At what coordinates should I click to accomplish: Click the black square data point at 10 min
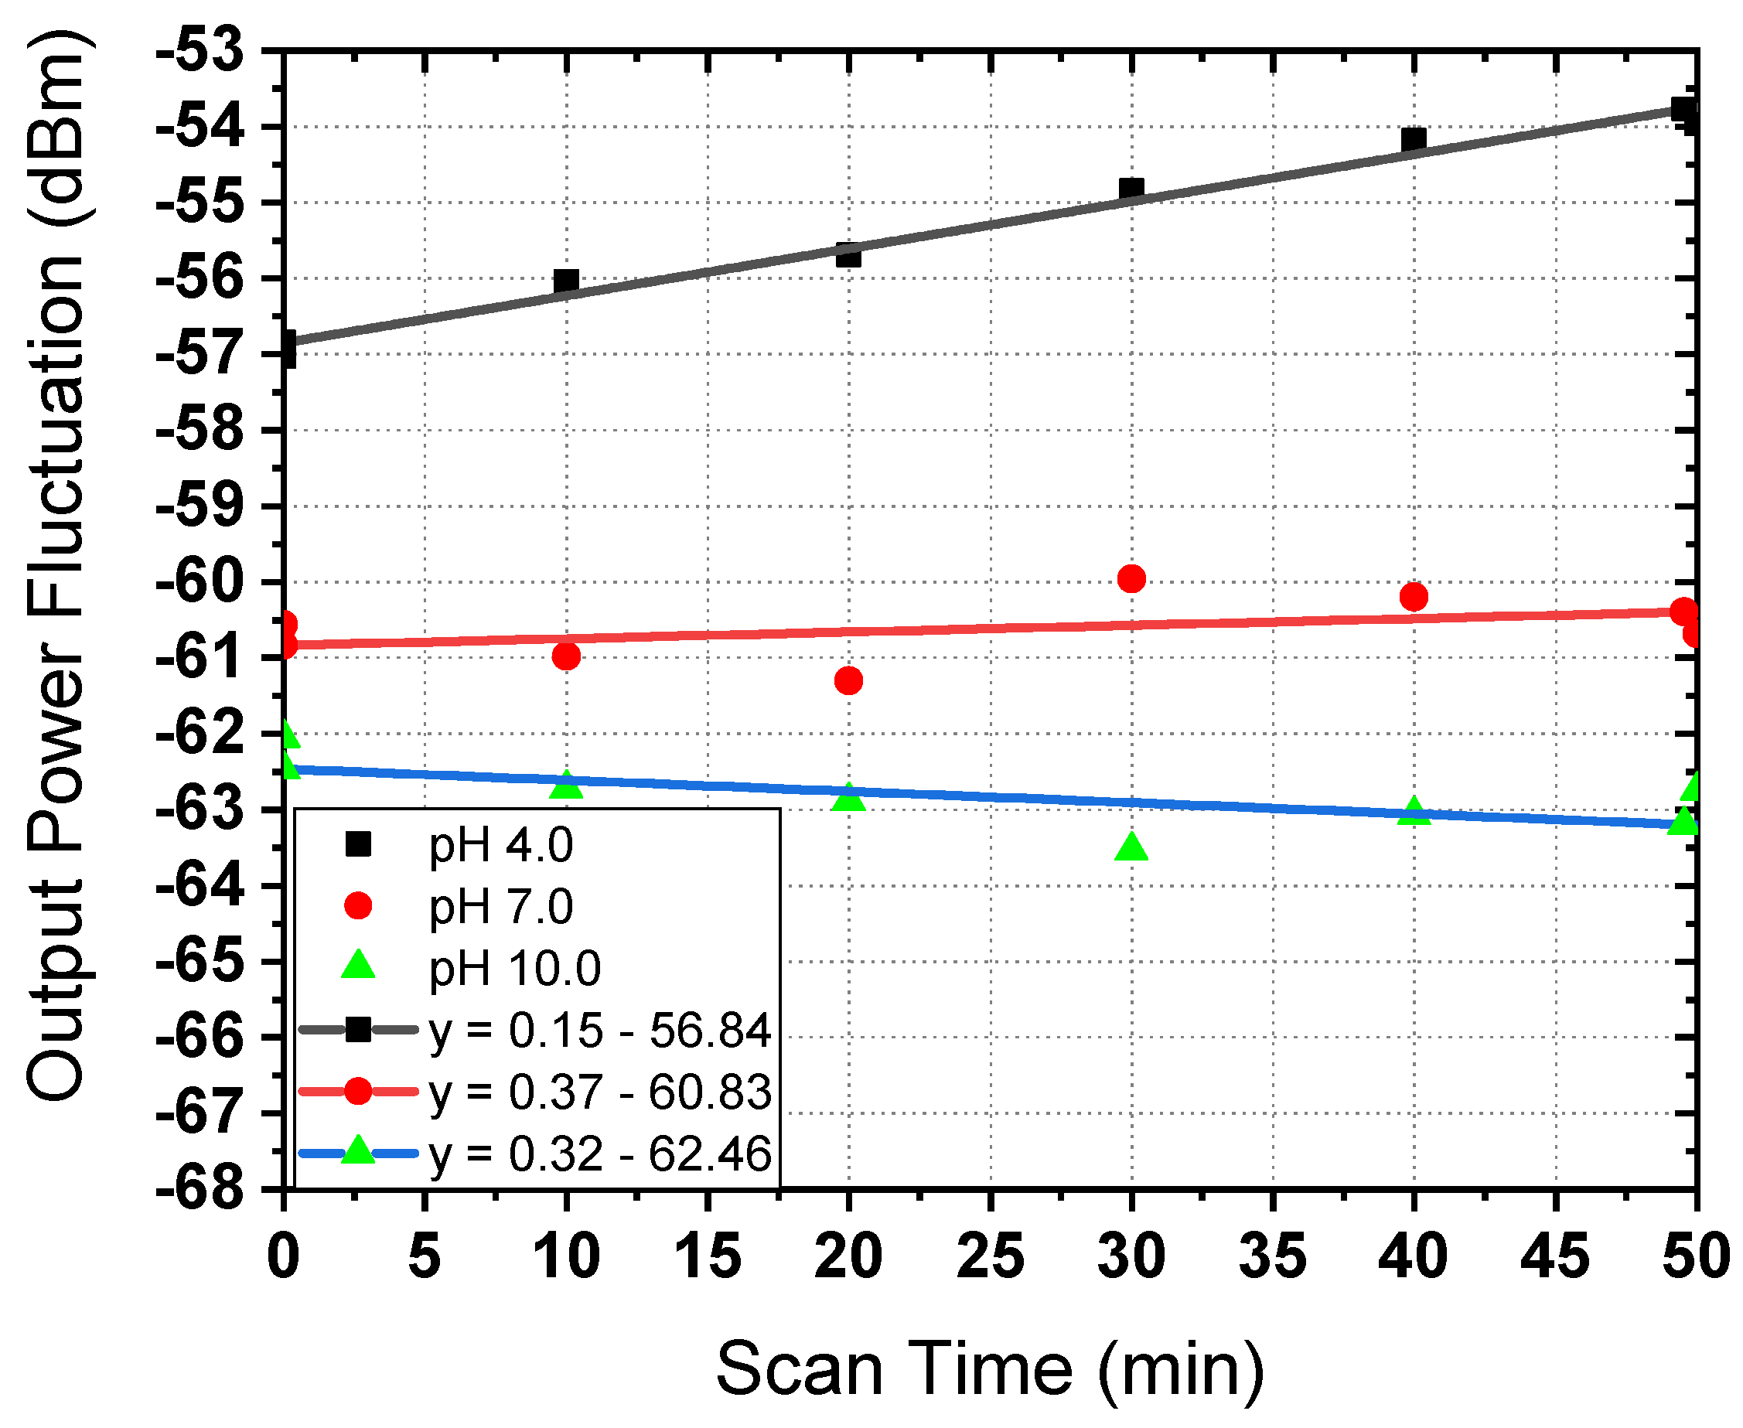coord(566,281)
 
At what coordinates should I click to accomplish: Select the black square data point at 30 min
coord(1132,189)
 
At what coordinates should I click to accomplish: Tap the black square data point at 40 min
coord(1413,139)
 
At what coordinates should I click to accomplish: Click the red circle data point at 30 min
coord(1132,579)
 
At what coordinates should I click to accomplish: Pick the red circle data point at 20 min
coord(848,681)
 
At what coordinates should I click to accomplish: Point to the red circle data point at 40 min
coord(1413,597)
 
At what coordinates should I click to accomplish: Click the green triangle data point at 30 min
coord(1132,847)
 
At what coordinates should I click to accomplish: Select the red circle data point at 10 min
coord(566,656)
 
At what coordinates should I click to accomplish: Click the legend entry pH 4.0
coord(500,846)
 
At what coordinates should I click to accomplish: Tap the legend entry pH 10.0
coord(514,969)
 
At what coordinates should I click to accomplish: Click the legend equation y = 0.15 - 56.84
coord(599,1031)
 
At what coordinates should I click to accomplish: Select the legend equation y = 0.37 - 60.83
coord(599,1092)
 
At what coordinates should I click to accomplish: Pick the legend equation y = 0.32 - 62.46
coord(599,1154)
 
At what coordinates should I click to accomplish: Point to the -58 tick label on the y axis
coord(201,431)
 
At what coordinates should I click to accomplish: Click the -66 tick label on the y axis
coord(201,1038)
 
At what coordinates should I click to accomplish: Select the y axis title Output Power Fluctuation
coord(56,567)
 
